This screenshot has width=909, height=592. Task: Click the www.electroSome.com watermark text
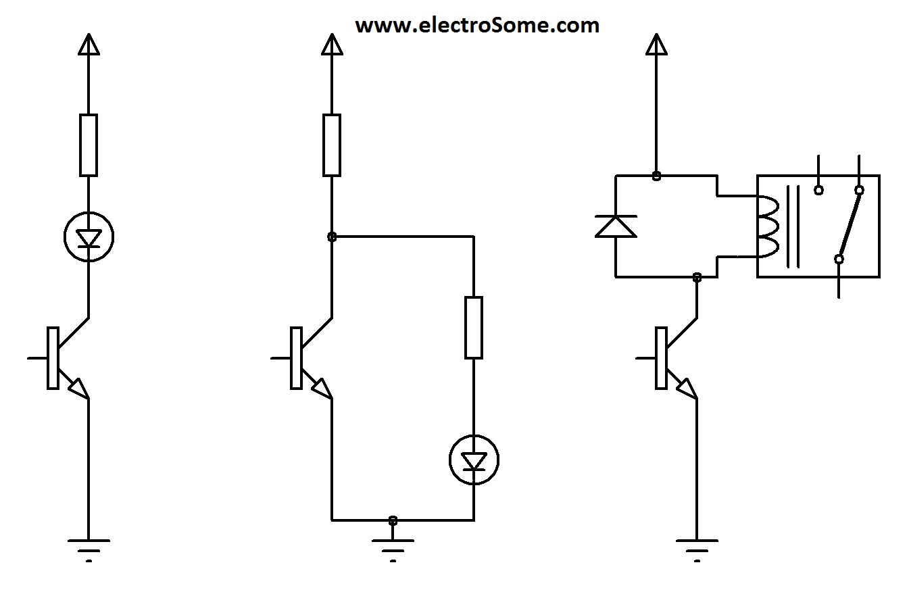point(477,26)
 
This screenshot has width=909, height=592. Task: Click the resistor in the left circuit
point(89,145)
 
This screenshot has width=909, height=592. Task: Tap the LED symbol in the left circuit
point(89,237)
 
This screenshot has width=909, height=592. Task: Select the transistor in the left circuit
point(61,358)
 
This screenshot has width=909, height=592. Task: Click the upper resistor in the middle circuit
point(332,145)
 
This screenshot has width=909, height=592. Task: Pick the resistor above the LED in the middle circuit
point(474,327)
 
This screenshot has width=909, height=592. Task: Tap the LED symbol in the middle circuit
point(474,460)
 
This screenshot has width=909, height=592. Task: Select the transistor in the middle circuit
point(304,358)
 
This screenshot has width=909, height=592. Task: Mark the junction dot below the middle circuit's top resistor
point(332,237)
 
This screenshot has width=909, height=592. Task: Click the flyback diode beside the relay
point(616,226)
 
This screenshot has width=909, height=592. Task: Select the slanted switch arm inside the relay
point(850,224)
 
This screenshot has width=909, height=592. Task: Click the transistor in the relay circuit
point(669,358)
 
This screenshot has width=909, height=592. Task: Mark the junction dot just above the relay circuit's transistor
point(697,276)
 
